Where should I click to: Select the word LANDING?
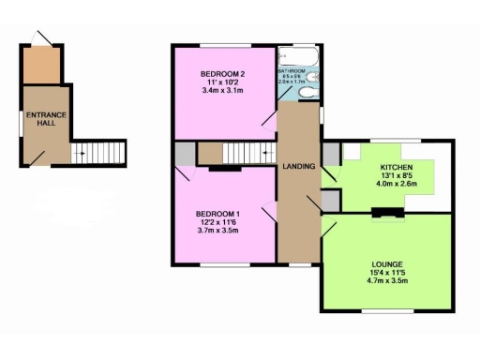[298, 167]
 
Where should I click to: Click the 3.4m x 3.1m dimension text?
[221, 91]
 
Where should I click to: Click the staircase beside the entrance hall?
[97, 151]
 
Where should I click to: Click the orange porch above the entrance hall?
[42, 63]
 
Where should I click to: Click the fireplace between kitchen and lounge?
[385, 213]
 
